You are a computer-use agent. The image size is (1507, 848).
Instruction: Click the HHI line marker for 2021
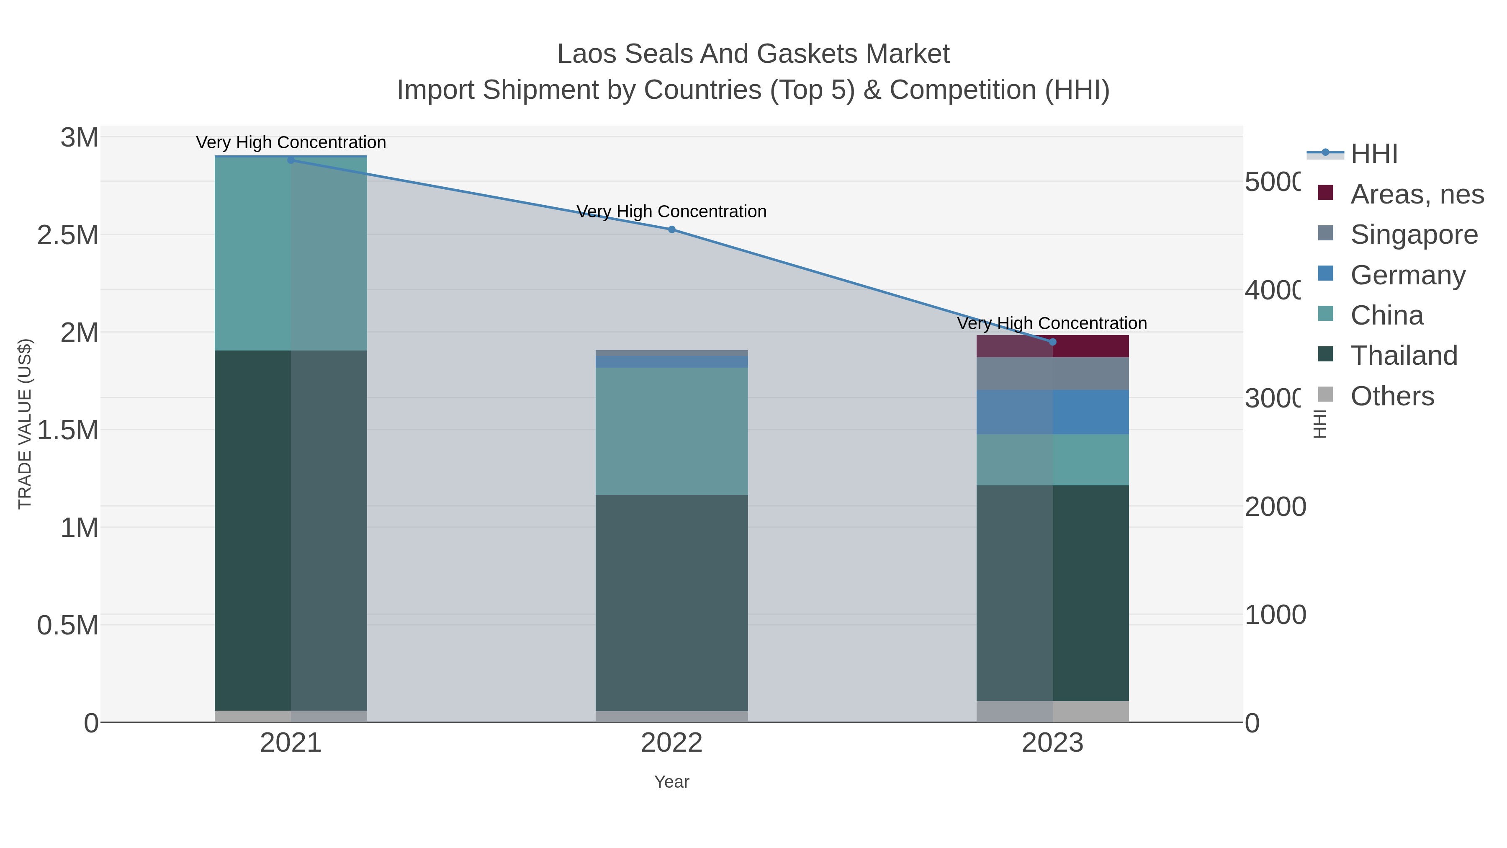(291, 160)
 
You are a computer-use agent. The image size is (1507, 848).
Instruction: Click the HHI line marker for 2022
(671, 229)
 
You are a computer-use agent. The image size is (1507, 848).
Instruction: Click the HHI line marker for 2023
(1052, 342)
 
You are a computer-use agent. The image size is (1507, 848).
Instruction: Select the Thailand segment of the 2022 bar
(671, 603)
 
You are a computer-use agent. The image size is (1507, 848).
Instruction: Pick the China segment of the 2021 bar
(291, 254)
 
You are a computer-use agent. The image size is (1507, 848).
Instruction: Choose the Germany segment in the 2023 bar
(1052, 412)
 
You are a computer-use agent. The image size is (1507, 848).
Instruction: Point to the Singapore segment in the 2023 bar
(1052, 374)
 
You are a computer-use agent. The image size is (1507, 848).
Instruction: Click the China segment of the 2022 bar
(671, 431)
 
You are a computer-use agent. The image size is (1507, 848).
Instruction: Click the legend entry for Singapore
(1413, 234)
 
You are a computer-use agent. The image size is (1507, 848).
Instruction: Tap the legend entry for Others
(1392, 396)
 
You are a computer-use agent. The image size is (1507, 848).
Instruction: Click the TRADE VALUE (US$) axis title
(25, 424)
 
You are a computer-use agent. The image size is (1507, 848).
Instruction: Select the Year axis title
(671, 782)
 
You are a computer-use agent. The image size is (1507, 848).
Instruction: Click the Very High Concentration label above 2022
(671, 211)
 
